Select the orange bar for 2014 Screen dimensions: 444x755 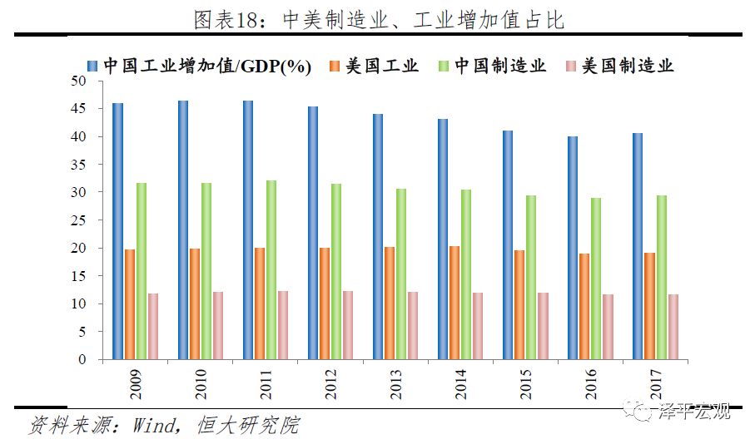click(454, 303)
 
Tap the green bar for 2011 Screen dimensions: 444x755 click(271, 270)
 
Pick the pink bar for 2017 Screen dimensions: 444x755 click(673, 327)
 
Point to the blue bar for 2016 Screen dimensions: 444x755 click(573, 248)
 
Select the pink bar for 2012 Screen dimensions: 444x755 click(348, 325)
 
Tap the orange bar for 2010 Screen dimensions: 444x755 click(194, 304)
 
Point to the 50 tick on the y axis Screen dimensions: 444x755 click(80, 81)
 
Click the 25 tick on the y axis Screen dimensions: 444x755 click(80, 220)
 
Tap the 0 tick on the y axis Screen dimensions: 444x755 click(84, 359)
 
